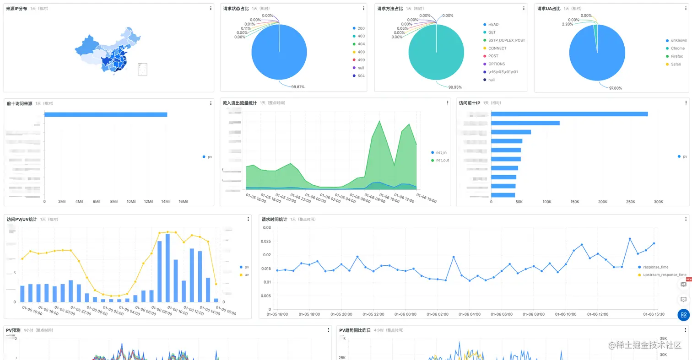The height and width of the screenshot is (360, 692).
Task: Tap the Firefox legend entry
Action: pyautogui.click(x=677, y=56)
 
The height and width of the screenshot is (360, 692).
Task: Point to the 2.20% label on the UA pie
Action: pyautogui.click(x=568, y=24)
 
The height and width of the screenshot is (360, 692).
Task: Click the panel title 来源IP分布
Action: pyautogui.click(x=16, y=9)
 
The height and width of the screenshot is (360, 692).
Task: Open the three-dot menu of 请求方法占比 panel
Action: pyautogui.click(x=524, y=9)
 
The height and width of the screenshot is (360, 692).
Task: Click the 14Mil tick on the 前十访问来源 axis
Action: pyautogui.click(x=166, y=202)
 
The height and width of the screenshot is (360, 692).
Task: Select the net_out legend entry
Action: pyautogui.click(x=442, y=160)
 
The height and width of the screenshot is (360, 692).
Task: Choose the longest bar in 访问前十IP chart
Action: pyautogui.click(x=569, y=114)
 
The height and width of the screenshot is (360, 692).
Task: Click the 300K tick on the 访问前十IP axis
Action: pyautogui.click(x=658, y=202)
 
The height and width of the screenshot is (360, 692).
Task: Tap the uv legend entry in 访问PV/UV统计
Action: pyautogui.click(x=247, y=275)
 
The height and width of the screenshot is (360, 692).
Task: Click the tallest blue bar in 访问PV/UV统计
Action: pyautogui.click(x=168, y=268)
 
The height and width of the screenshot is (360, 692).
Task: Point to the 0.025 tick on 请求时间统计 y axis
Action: pyautogui.click(x=266, y=241)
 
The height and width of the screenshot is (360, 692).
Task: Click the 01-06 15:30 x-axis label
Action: pyautogui.click(x=654, y=314)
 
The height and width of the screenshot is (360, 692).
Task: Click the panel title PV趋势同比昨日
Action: pyautogui.click(x=355, y=330)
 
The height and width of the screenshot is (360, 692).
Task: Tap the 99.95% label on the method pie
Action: pyautogui.click(x=454, y=87)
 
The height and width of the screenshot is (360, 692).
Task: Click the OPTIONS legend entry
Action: pyautogui.click(x=497, y=64)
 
